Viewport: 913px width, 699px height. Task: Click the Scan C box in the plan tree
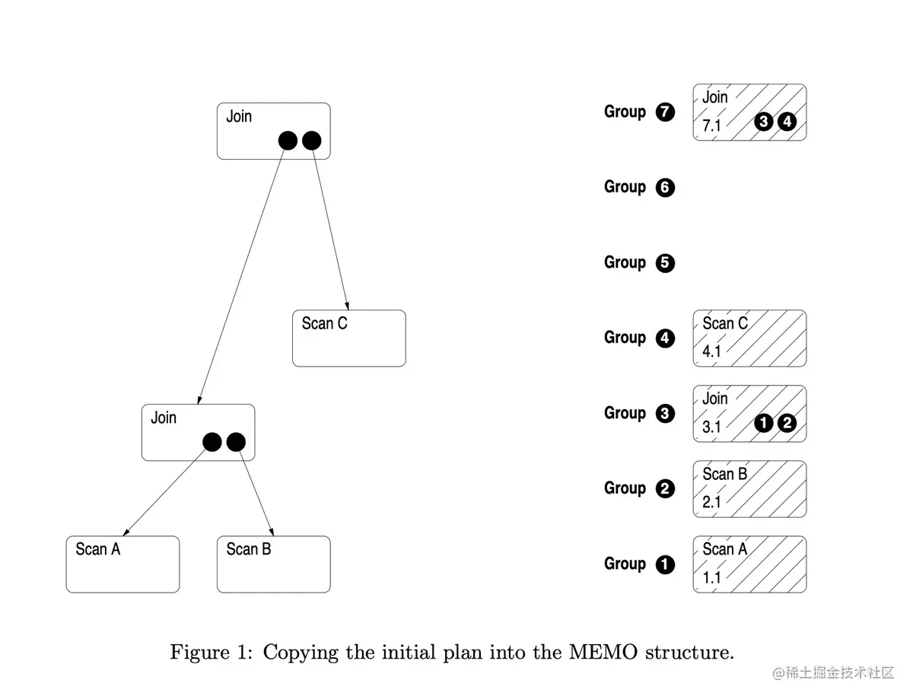pyautogui.click(x=348, y=338)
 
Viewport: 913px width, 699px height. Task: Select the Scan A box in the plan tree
pyautogui.click(x=122, y=564)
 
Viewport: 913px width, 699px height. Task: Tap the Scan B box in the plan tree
pyautogui.click(x=273, y=564)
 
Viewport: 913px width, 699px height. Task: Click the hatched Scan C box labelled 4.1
pyautogui.click(x=749, y=338)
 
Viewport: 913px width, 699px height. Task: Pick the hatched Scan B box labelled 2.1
pyautogui.click(x=749, y=488)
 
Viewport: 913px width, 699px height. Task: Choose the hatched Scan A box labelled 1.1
pyautogui.click(x=749, y=564)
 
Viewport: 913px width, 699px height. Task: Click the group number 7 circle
pyautogui.click(x=665, y=113)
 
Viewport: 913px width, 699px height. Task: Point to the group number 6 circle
pyautogui.click(x=665, y=188)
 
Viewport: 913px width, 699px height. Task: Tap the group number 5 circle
pyautogui.click(x=665, y=263)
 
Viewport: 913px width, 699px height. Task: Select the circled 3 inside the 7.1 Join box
pyautogui.click(x=765, y=122)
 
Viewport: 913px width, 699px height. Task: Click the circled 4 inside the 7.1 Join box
pyautogui.click(x=787, y=122)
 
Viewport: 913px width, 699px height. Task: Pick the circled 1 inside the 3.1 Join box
pyautogui.click(x=765, y=424)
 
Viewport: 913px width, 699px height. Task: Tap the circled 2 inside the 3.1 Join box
pyautogui.click(x=787, y=424)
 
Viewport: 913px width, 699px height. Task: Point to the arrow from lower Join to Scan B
pyautogui.click(x=256, y=489)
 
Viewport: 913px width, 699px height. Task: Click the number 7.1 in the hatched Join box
pyautogui.click(x=711, y=126)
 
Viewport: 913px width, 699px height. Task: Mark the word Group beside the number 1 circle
pyautogui.click(x=625, y=564)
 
